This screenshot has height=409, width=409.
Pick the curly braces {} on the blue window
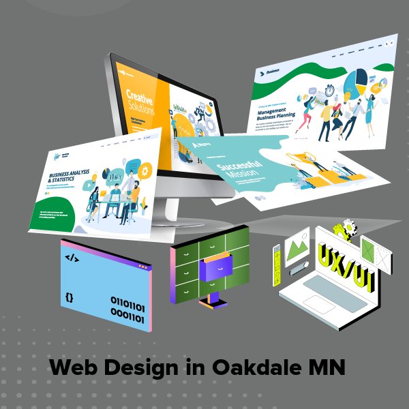tap(70, 297)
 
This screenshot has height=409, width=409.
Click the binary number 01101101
tap(127, 301)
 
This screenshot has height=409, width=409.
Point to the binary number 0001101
tap(128, 314)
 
